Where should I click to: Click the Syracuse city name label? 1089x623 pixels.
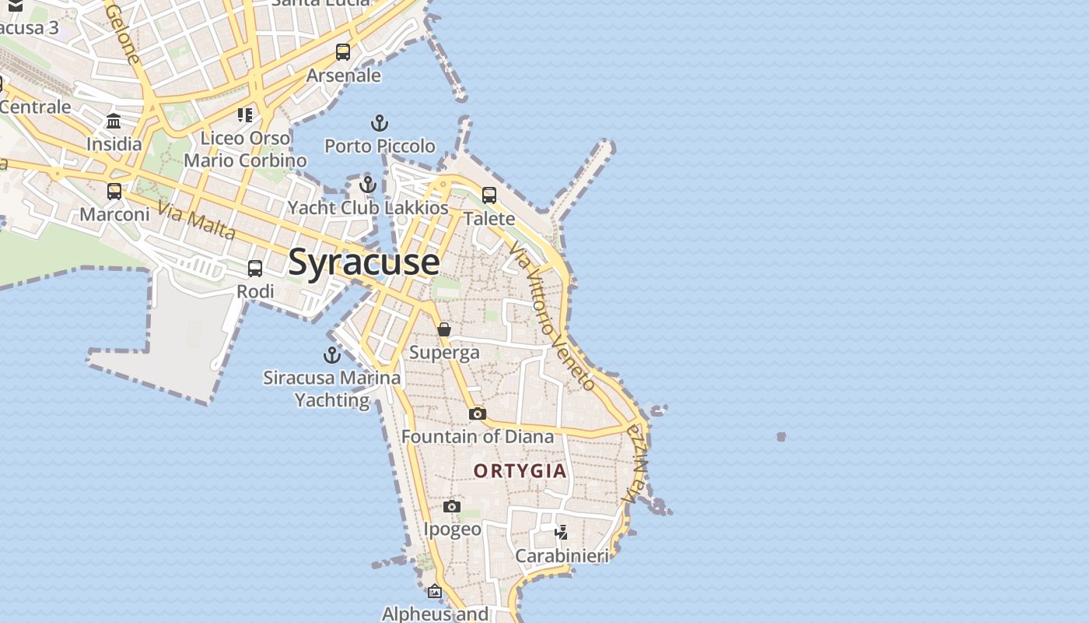[363, 262]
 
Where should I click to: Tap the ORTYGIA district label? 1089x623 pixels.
[520, 471]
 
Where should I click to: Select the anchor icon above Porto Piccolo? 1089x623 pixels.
[379, 123]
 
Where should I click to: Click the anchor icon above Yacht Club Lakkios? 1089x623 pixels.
[368, 185]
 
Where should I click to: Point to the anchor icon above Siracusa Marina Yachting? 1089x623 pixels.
[332, 355]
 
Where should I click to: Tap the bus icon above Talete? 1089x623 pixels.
[489, 195]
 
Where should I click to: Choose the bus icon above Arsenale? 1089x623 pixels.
[343, 52]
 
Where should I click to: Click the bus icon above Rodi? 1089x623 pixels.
[255, 269]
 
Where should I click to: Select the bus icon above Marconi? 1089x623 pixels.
[114, 191]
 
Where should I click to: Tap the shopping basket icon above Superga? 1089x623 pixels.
[444, 329]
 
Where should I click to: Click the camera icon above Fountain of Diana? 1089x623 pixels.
[478, 414]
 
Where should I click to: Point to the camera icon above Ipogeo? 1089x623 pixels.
[452, 507]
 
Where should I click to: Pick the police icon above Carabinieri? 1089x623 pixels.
[562, 533]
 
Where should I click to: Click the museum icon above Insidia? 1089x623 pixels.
[114, 121]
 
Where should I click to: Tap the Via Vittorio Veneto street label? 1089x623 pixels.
[552, 315]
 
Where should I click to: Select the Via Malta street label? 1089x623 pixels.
[196, 220]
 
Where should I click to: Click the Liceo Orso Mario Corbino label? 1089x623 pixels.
[245, 150]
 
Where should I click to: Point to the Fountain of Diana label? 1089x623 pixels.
[478, 437]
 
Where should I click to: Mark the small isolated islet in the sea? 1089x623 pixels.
[781, 437]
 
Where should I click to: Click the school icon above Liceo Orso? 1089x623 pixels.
[245, 115]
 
